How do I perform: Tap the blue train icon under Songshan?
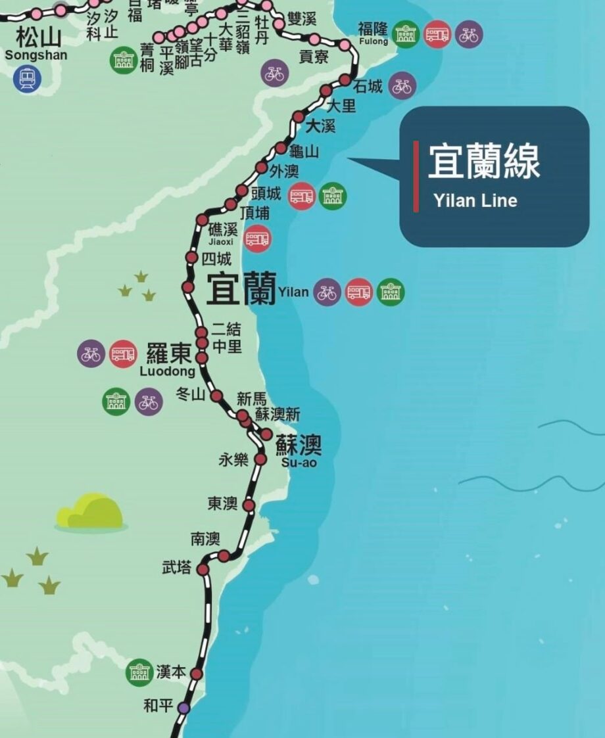coord(27,78)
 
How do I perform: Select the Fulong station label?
coord(373,32)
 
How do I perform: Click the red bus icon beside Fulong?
coord(437,34)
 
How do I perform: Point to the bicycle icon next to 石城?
coord(402,85)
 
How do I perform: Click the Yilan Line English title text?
coord(475,200)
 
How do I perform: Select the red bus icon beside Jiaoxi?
coord(257,239)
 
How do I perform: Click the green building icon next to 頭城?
coord(332,196)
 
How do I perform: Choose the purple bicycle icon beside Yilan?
coord(327,292)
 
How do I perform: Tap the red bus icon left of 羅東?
coord(123,354)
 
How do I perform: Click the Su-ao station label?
coord(299,453)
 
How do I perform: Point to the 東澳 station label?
coord(222,503)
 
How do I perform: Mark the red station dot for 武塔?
coord(203,570)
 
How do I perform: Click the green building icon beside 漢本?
coord(139,672)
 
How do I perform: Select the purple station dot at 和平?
coord(183,708)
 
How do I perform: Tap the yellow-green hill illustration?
coord(90,512)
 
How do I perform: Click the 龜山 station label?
coord(304,152)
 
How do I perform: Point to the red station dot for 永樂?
coord(260,459)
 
